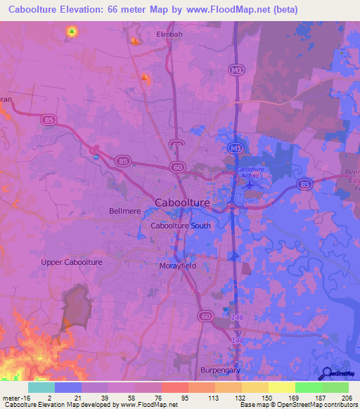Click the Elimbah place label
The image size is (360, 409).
(x=169, y=33)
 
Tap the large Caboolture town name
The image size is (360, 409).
(x=181, y=202)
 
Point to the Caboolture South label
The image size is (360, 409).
(x=181, y=226)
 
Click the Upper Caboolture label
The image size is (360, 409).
(x=72, y=262)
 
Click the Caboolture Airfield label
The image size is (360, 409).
(x=250, y=171)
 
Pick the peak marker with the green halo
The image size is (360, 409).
(x=71, y=32)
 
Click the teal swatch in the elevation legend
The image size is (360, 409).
(x=41, y=387)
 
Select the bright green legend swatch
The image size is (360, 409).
(x=308, y=387)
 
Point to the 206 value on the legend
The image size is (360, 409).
(x=345, y=397)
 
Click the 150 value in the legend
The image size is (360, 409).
(x=266, y=397)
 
